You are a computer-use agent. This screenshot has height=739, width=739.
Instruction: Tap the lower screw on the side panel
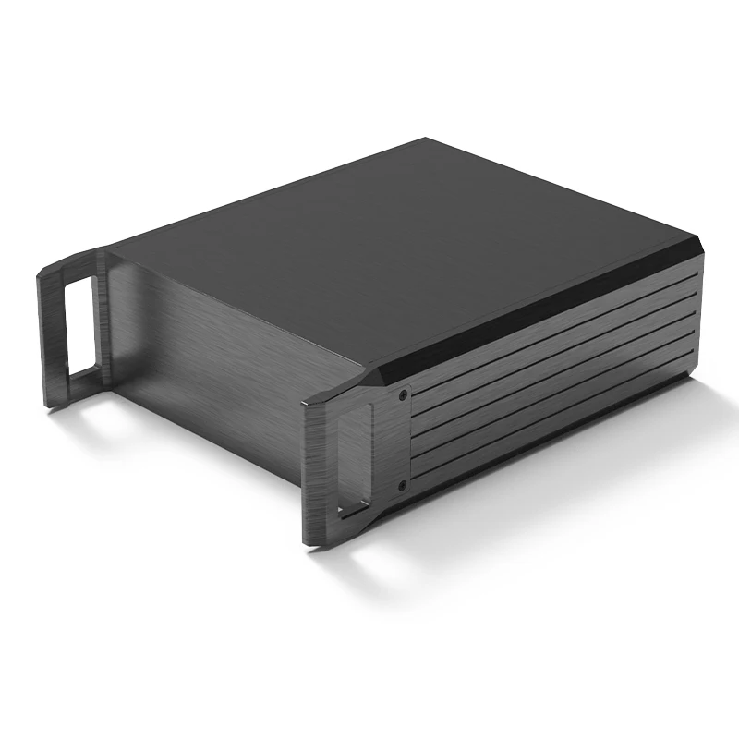401,484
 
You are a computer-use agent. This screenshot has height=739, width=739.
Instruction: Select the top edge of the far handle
74,259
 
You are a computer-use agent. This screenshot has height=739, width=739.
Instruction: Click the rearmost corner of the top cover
427,140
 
